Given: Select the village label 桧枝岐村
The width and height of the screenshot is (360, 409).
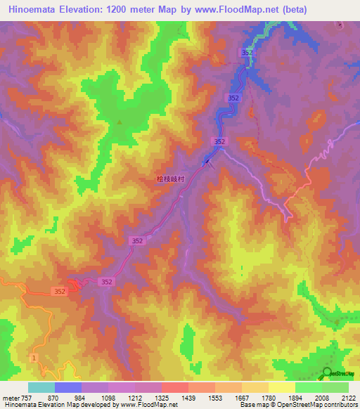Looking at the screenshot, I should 169,179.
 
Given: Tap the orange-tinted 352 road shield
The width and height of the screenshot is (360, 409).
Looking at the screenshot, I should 59,290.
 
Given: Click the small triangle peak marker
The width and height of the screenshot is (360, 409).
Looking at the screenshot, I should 119,122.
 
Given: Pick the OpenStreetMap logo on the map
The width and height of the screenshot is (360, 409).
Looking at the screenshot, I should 336,372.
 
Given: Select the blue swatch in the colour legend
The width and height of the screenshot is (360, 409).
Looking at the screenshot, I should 67,387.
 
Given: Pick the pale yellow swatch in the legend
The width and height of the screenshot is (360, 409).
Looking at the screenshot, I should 281,387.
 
